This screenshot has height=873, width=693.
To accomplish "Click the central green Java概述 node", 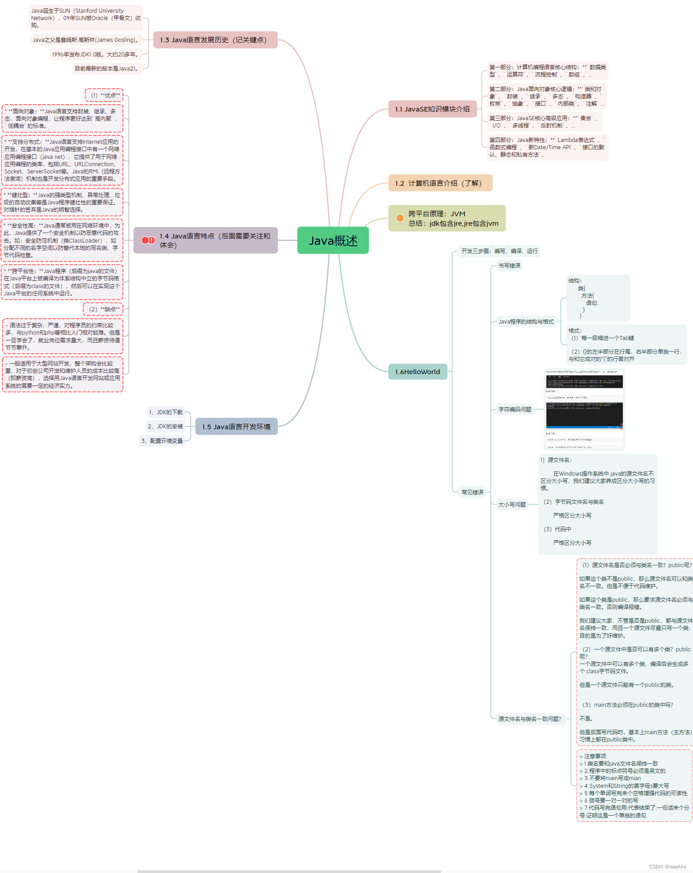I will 333,240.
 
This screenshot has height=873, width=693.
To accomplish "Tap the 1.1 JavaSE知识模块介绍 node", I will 432,109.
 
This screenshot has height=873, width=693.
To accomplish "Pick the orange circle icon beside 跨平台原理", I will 400,218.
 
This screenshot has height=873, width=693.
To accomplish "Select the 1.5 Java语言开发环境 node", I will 236,427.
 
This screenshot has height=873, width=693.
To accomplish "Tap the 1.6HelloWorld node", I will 417,372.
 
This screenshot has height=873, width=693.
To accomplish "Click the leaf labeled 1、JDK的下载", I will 166,412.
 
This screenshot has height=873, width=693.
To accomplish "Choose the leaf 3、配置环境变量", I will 162,441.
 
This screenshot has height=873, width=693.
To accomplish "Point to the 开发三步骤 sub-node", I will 499,251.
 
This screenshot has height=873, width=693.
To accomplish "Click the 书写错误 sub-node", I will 509,266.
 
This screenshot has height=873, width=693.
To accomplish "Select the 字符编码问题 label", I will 515,410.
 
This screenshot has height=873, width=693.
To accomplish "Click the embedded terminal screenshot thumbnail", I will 584,409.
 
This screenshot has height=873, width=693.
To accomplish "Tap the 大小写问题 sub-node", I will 512,505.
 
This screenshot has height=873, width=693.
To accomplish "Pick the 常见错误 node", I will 472,492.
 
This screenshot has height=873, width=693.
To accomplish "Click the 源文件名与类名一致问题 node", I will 530,719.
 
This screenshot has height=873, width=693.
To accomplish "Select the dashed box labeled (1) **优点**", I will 105,96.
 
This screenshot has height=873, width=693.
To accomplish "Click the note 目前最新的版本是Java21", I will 107,69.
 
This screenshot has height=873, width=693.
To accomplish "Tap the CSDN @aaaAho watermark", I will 668,867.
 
